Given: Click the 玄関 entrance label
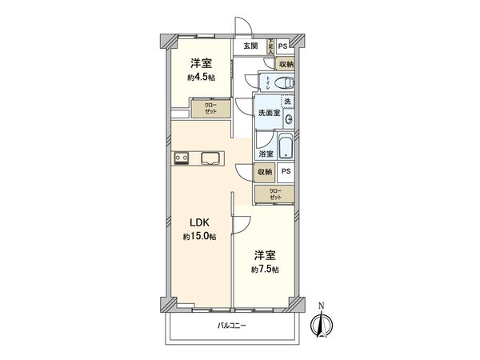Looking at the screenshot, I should click(250, 46).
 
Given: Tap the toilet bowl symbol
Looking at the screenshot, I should click(282, 82).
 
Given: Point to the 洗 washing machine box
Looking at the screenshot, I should click(286, 102).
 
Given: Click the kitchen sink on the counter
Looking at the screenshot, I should click(210, 157).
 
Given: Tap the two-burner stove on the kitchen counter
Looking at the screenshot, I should click(180, 158).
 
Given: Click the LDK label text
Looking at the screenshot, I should click(198, 224).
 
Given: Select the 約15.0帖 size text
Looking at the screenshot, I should click(198, 237).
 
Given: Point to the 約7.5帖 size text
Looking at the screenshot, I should click(264, 270).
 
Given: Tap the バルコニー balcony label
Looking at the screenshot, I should click(232, 326).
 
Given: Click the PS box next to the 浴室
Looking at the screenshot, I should click(286, 171).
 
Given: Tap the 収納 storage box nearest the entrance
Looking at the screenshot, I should click(285, 63).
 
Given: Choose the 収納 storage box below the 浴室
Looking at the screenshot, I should click(264, 171).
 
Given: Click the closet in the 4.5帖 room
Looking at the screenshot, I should click(210, 109).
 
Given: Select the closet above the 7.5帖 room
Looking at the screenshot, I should click(274, 194).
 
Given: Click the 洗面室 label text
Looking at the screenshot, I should click(267, 114).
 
